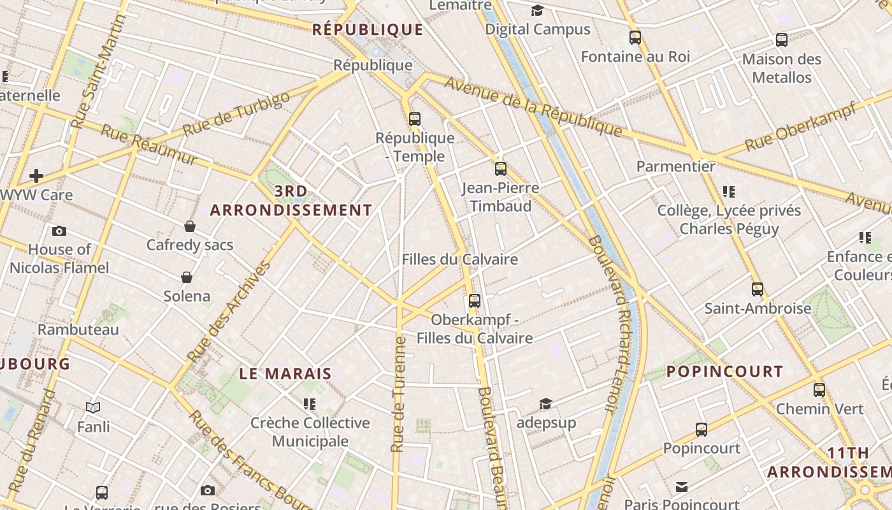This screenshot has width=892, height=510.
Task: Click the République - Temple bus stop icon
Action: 415,119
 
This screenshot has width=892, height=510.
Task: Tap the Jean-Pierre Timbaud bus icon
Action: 501,169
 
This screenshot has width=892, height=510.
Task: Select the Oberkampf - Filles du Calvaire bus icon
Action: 474,300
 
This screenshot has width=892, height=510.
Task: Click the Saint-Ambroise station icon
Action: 757,289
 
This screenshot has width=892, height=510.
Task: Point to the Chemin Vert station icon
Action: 819,390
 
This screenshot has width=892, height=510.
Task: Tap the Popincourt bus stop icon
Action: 701,430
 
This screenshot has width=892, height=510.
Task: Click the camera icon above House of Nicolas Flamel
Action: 59,231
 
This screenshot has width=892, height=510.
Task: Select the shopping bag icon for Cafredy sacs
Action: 190,226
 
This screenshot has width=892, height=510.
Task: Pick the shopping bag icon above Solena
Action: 187,277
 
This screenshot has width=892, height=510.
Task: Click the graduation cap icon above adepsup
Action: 545,404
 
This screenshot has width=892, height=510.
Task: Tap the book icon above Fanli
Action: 93,407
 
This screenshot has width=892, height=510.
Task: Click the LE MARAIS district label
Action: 285,374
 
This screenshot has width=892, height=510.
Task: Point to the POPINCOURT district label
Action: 725,371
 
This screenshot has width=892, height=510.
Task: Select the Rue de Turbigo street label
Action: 236,113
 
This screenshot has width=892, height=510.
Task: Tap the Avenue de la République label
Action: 533,106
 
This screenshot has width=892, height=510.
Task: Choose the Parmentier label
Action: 676,166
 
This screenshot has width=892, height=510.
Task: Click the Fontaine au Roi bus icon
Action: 635,38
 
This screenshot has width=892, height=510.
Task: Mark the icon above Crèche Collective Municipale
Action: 310,404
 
